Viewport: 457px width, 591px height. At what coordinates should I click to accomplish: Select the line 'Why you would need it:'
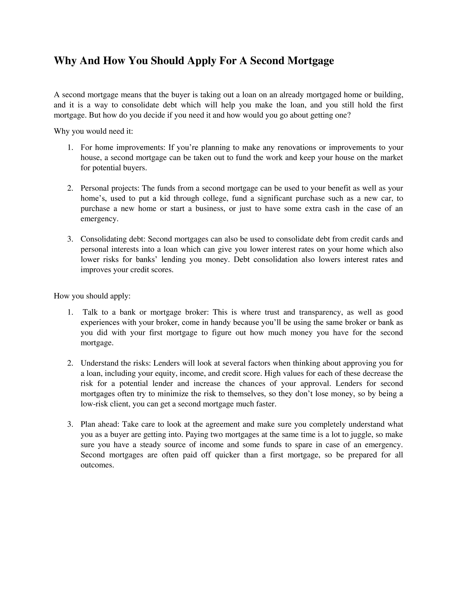[93, 132]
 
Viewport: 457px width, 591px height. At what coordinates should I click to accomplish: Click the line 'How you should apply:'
[92, 296]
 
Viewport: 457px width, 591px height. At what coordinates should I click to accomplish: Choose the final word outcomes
[97, 465]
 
